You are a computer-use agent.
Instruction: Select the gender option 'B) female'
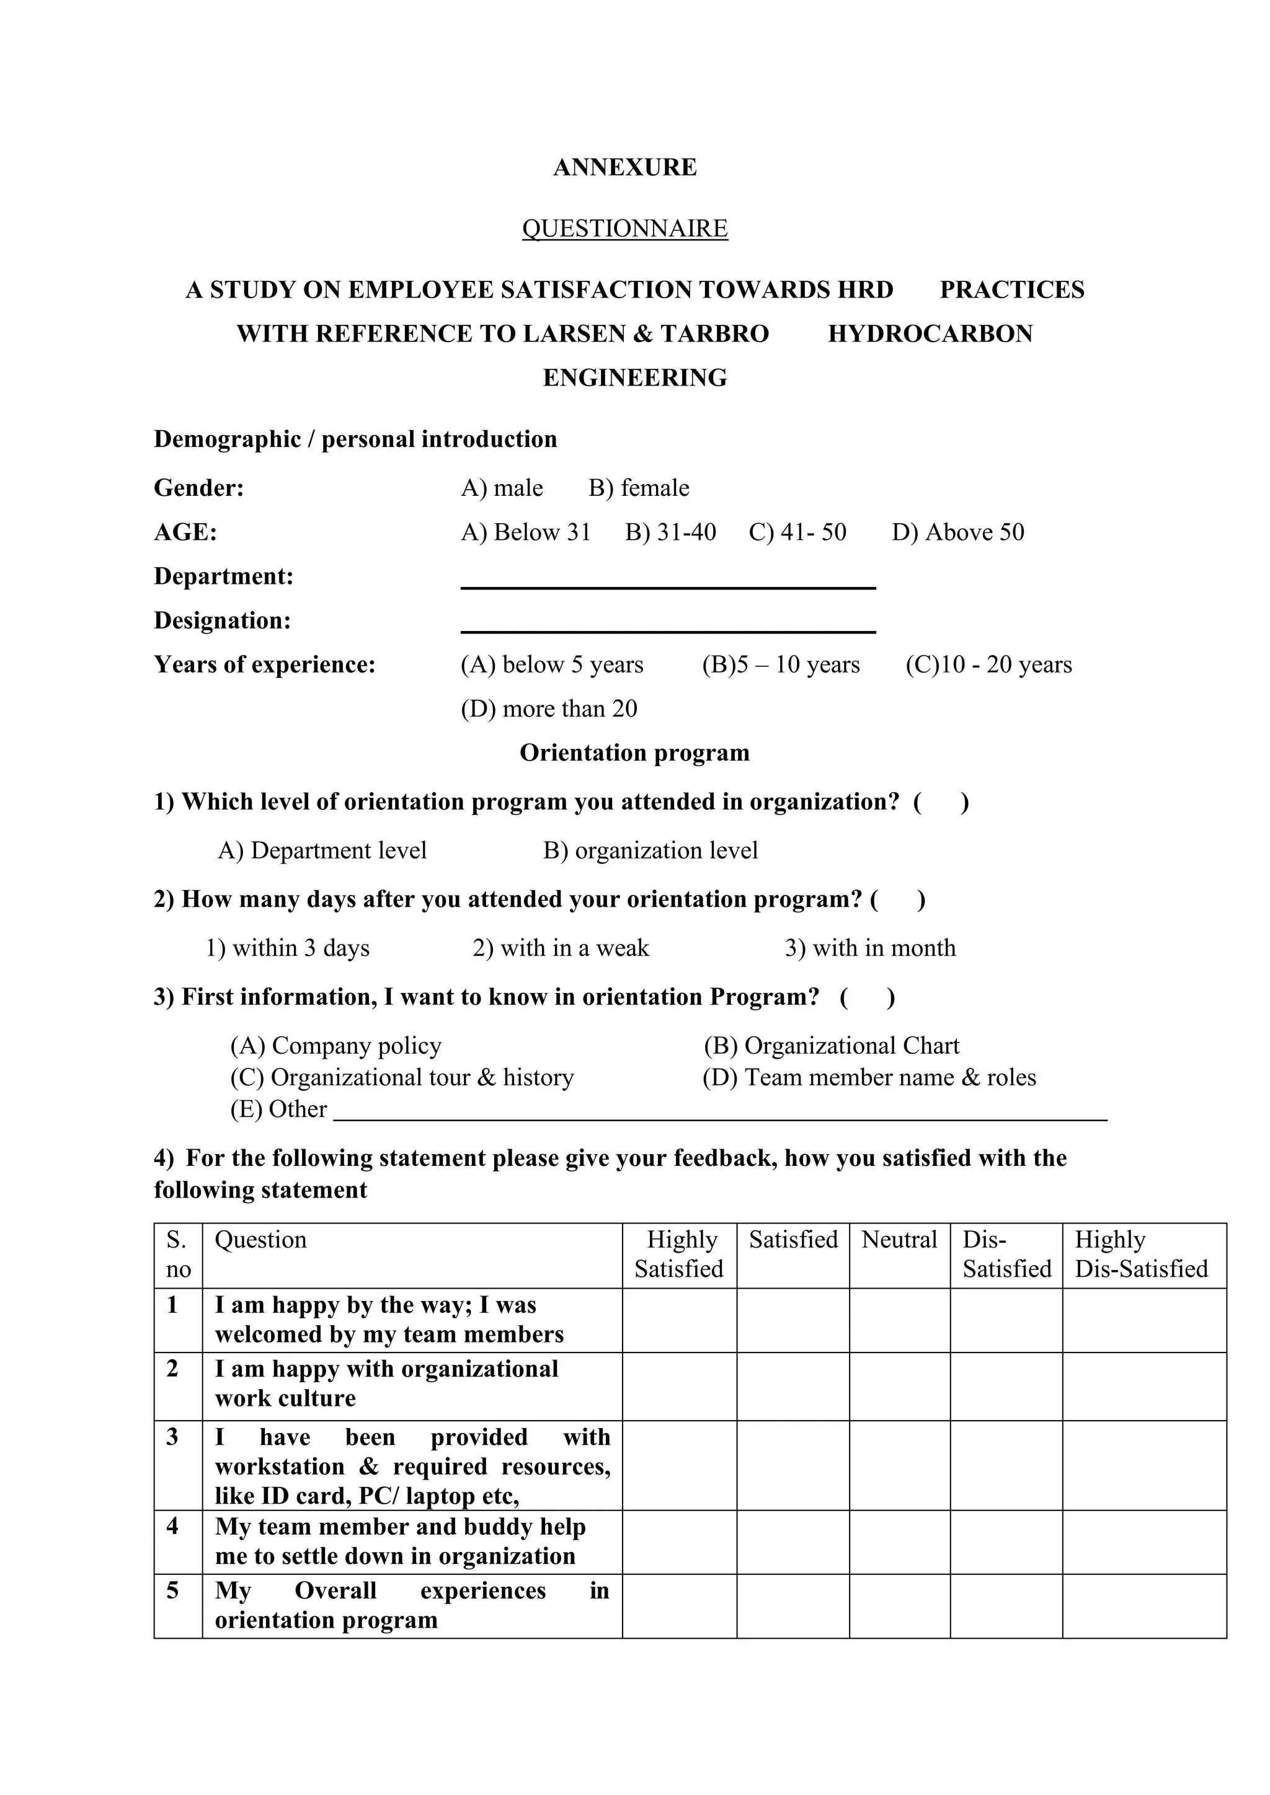(638, 488)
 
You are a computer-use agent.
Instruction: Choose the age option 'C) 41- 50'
(797, 532)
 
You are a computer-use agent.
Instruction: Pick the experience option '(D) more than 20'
(548, 708)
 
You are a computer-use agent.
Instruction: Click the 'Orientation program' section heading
(634, 753)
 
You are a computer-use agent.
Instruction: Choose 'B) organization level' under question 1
(650, 850)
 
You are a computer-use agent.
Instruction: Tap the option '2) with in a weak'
(560, 948)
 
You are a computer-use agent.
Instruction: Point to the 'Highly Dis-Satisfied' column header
(1140, 1254)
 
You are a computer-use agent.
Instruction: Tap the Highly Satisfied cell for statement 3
(679, 1466)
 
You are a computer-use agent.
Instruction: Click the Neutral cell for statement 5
(899, 1606)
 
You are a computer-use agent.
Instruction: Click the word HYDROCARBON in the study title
(930, 334)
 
